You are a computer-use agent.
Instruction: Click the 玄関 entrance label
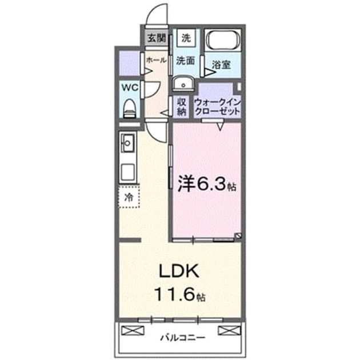tap(157, 38)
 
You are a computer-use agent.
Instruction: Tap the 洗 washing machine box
tap(186, 38)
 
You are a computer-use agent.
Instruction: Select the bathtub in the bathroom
tap(223, 40)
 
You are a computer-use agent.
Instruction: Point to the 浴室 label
tap(221, 65)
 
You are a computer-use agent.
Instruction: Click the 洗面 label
tap(185, 61)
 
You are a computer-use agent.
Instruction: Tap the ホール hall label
tap(156, 60)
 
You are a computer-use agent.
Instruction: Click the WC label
tap(130, 87)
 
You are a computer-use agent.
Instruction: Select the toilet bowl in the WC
tap(130, 109)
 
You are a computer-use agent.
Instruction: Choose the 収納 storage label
tap(181, 106)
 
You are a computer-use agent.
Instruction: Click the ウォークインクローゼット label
tap(217, 107)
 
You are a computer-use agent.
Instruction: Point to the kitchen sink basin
tap(128, 143)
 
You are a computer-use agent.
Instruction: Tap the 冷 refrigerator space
tap(129, 197)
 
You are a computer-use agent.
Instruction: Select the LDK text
tap(179, 271)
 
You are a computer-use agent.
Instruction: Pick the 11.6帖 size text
tap(180, 294)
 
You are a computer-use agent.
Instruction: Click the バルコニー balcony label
tap(182, 338)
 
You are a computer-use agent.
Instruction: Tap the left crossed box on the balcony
tap(133, 331)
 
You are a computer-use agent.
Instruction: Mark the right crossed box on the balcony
tap(229, 331)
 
